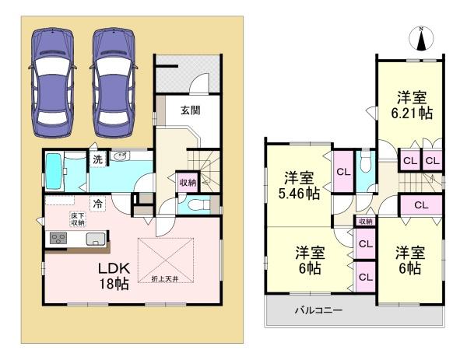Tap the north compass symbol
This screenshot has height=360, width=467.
[x=422, y=36]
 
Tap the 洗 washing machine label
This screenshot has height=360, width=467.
[x=98, y=159]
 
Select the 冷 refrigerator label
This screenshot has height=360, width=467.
[x=98, y=204]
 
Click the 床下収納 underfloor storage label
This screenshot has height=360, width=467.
[x=78, y=218]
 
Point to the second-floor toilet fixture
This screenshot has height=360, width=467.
[x=365, y=163]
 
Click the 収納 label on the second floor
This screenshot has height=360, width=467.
[x=365, y=222]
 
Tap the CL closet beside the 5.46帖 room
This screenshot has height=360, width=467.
[x=343, y=172]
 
